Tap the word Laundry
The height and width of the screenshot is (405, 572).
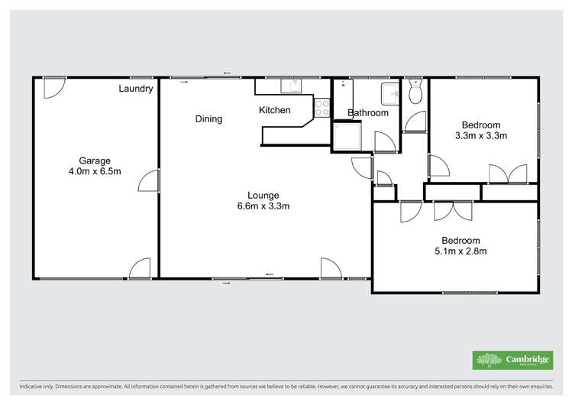136,89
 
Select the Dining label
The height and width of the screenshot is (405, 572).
208,118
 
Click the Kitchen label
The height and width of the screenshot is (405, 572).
274,110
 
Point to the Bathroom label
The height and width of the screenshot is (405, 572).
368,113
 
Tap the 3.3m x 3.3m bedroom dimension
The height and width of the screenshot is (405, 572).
480,136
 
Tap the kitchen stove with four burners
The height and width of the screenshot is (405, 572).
322,108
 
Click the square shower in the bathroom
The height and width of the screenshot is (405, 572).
345,138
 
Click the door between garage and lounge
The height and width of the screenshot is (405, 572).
150,181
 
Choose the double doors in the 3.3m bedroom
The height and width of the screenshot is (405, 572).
506,174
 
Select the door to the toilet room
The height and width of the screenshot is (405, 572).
415,122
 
